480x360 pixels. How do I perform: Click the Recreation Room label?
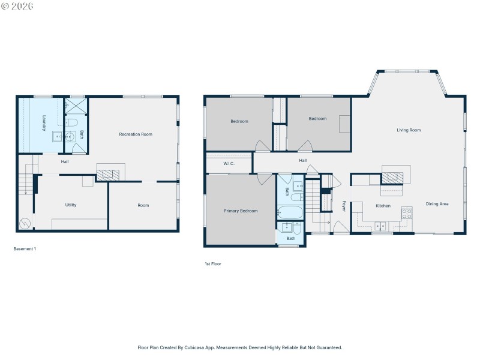136,134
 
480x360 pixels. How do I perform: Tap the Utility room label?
71,205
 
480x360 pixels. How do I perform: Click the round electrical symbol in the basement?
24,224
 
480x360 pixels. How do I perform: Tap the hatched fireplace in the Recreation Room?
108,175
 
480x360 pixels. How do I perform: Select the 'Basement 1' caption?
25,249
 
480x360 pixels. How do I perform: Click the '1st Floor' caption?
212,263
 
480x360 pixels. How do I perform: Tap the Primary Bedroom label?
241,211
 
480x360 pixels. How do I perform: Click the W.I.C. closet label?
229,163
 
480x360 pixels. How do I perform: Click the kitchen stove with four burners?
407,212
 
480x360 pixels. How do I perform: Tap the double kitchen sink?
380,226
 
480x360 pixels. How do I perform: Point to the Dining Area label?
437,204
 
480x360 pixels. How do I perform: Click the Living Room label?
409,130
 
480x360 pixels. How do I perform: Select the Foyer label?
344,206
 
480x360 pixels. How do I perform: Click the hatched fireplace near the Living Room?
393,177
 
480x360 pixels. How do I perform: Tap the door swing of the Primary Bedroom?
265,179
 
